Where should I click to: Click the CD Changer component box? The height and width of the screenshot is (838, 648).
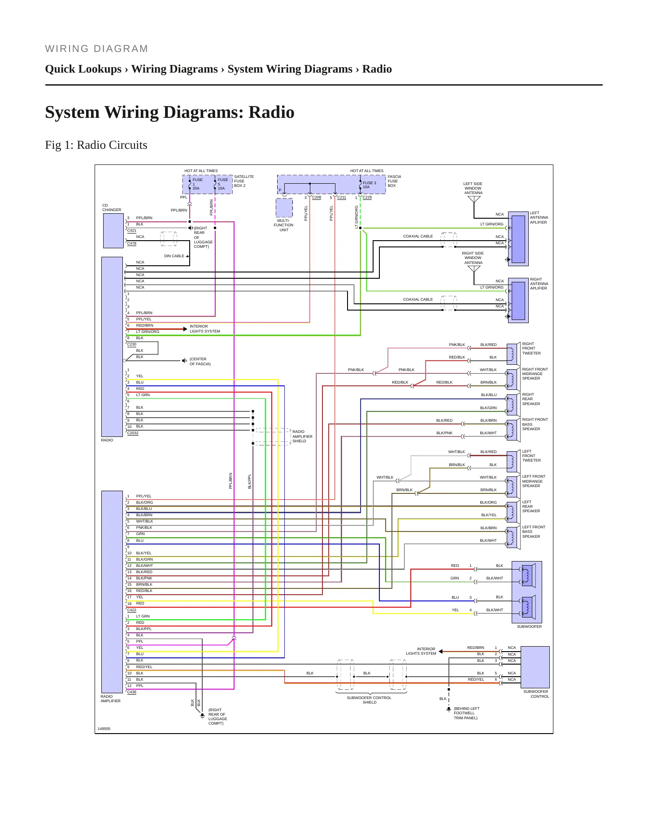pos(113,231)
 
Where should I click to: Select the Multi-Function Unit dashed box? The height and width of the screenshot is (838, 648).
pos(284,208)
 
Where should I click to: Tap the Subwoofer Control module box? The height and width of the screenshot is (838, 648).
pos(535,667)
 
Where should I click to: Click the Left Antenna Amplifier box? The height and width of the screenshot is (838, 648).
pos(518,239)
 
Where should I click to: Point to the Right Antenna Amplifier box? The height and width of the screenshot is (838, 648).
pos(518,301)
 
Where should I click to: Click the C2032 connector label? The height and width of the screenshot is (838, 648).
pos(133,433)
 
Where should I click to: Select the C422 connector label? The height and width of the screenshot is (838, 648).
pos(132,610)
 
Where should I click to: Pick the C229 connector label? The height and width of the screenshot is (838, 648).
pos(367,197)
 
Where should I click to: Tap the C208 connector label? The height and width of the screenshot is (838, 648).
pos(317,197)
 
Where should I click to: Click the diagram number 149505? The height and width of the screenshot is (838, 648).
pos(104,729)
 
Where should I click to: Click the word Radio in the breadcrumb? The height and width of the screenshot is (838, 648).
pos(377,69)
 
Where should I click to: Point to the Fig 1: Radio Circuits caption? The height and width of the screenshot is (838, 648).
pos(96,145)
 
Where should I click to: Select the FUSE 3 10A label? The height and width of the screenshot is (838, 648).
pos(370,185)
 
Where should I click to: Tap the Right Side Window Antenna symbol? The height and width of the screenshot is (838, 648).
pos(474,269)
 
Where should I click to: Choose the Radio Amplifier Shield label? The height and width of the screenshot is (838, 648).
pos(302,436)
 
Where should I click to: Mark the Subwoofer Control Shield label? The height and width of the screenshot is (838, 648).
pos(369,700)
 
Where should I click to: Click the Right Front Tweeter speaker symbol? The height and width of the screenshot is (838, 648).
pos(512,353)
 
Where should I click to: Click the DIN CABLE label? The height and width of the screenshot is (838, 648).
pos(174,256)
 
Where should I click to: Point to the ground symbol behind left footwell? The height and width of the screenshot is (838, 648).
pos(448,709)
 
